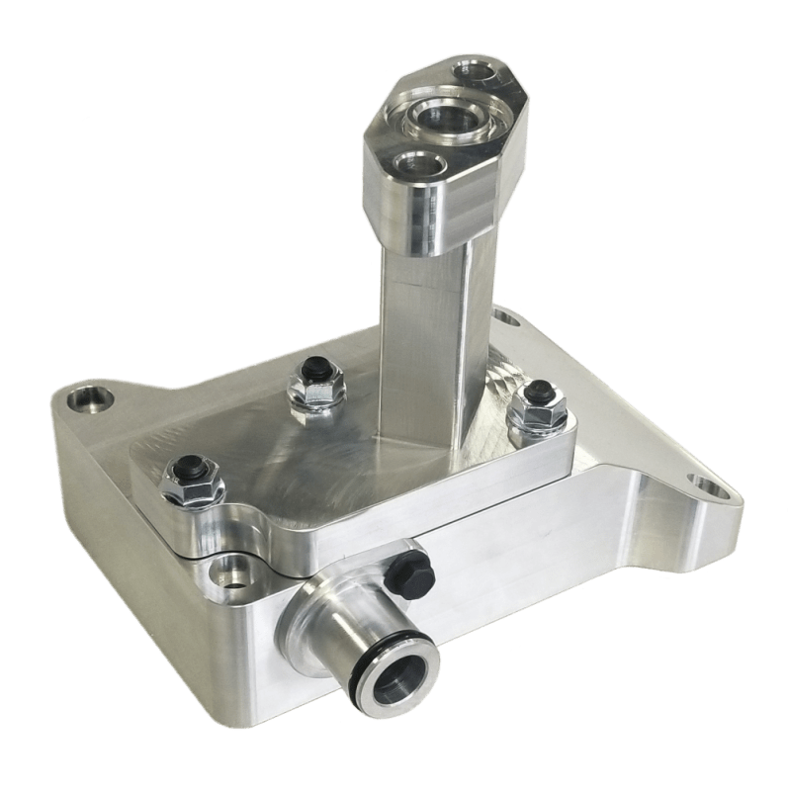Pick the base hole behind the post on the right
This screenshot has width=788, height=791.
(506, 319)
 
